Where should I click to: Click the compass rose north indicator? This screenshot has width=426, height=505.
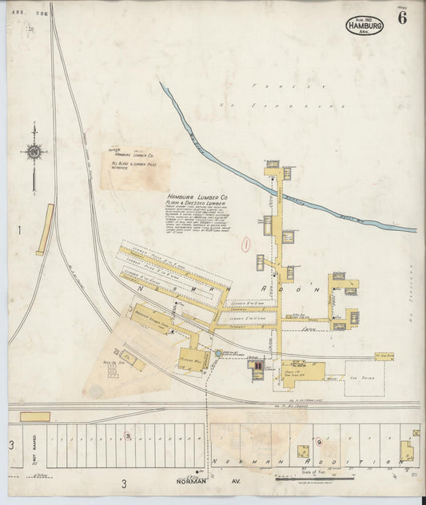click(x=34, y=150)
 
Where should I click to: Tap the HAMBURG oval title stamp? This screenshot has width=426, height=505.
click(x=364, y=25)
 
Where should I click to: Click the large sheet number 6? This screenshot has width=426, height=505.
click(x=401, y=19)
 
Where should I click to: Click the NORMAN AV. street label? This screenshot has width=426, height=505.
click(x=192, y=481)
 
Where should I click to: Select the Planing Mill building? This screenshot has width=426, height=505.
click(x=193, y=359)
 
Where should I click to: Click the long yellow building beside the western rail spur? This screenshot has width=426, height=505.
click(x=45, y=229)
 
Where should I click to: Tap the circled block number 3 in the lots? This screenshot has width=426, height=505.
click(x=127, y=435)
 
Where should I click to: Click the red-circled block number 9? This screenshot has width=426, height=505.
click(x=318, y=441)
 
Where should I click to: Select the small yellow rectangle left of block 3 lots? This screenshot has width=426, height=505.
click(x=34, y=416)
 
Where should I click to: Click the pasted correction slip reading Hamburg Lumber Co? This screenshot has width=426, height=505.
click(x=134, y=168)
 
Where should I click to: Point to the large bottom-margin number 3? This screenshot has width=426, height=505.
click(x=124, y=483)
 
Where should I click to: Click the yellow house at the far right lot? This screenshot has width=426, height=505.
click(x=407, y=453)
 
